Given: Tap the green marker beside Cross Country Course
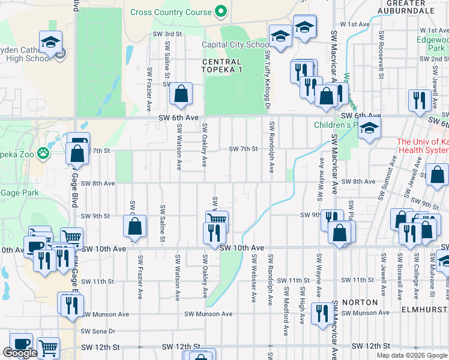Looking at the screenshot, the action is (221, 11).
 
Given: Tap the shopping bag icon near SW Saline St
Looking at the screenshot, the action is (181, 95).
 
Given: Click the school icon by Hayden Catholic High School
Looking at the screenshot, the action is (51, 42).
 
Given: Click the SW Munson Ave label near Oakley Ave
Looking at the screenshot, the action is (208, 314).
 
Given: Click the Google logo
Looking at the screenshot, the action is (19, 353).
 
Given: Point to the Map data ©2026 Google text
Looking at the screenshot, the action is (412, 355).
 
